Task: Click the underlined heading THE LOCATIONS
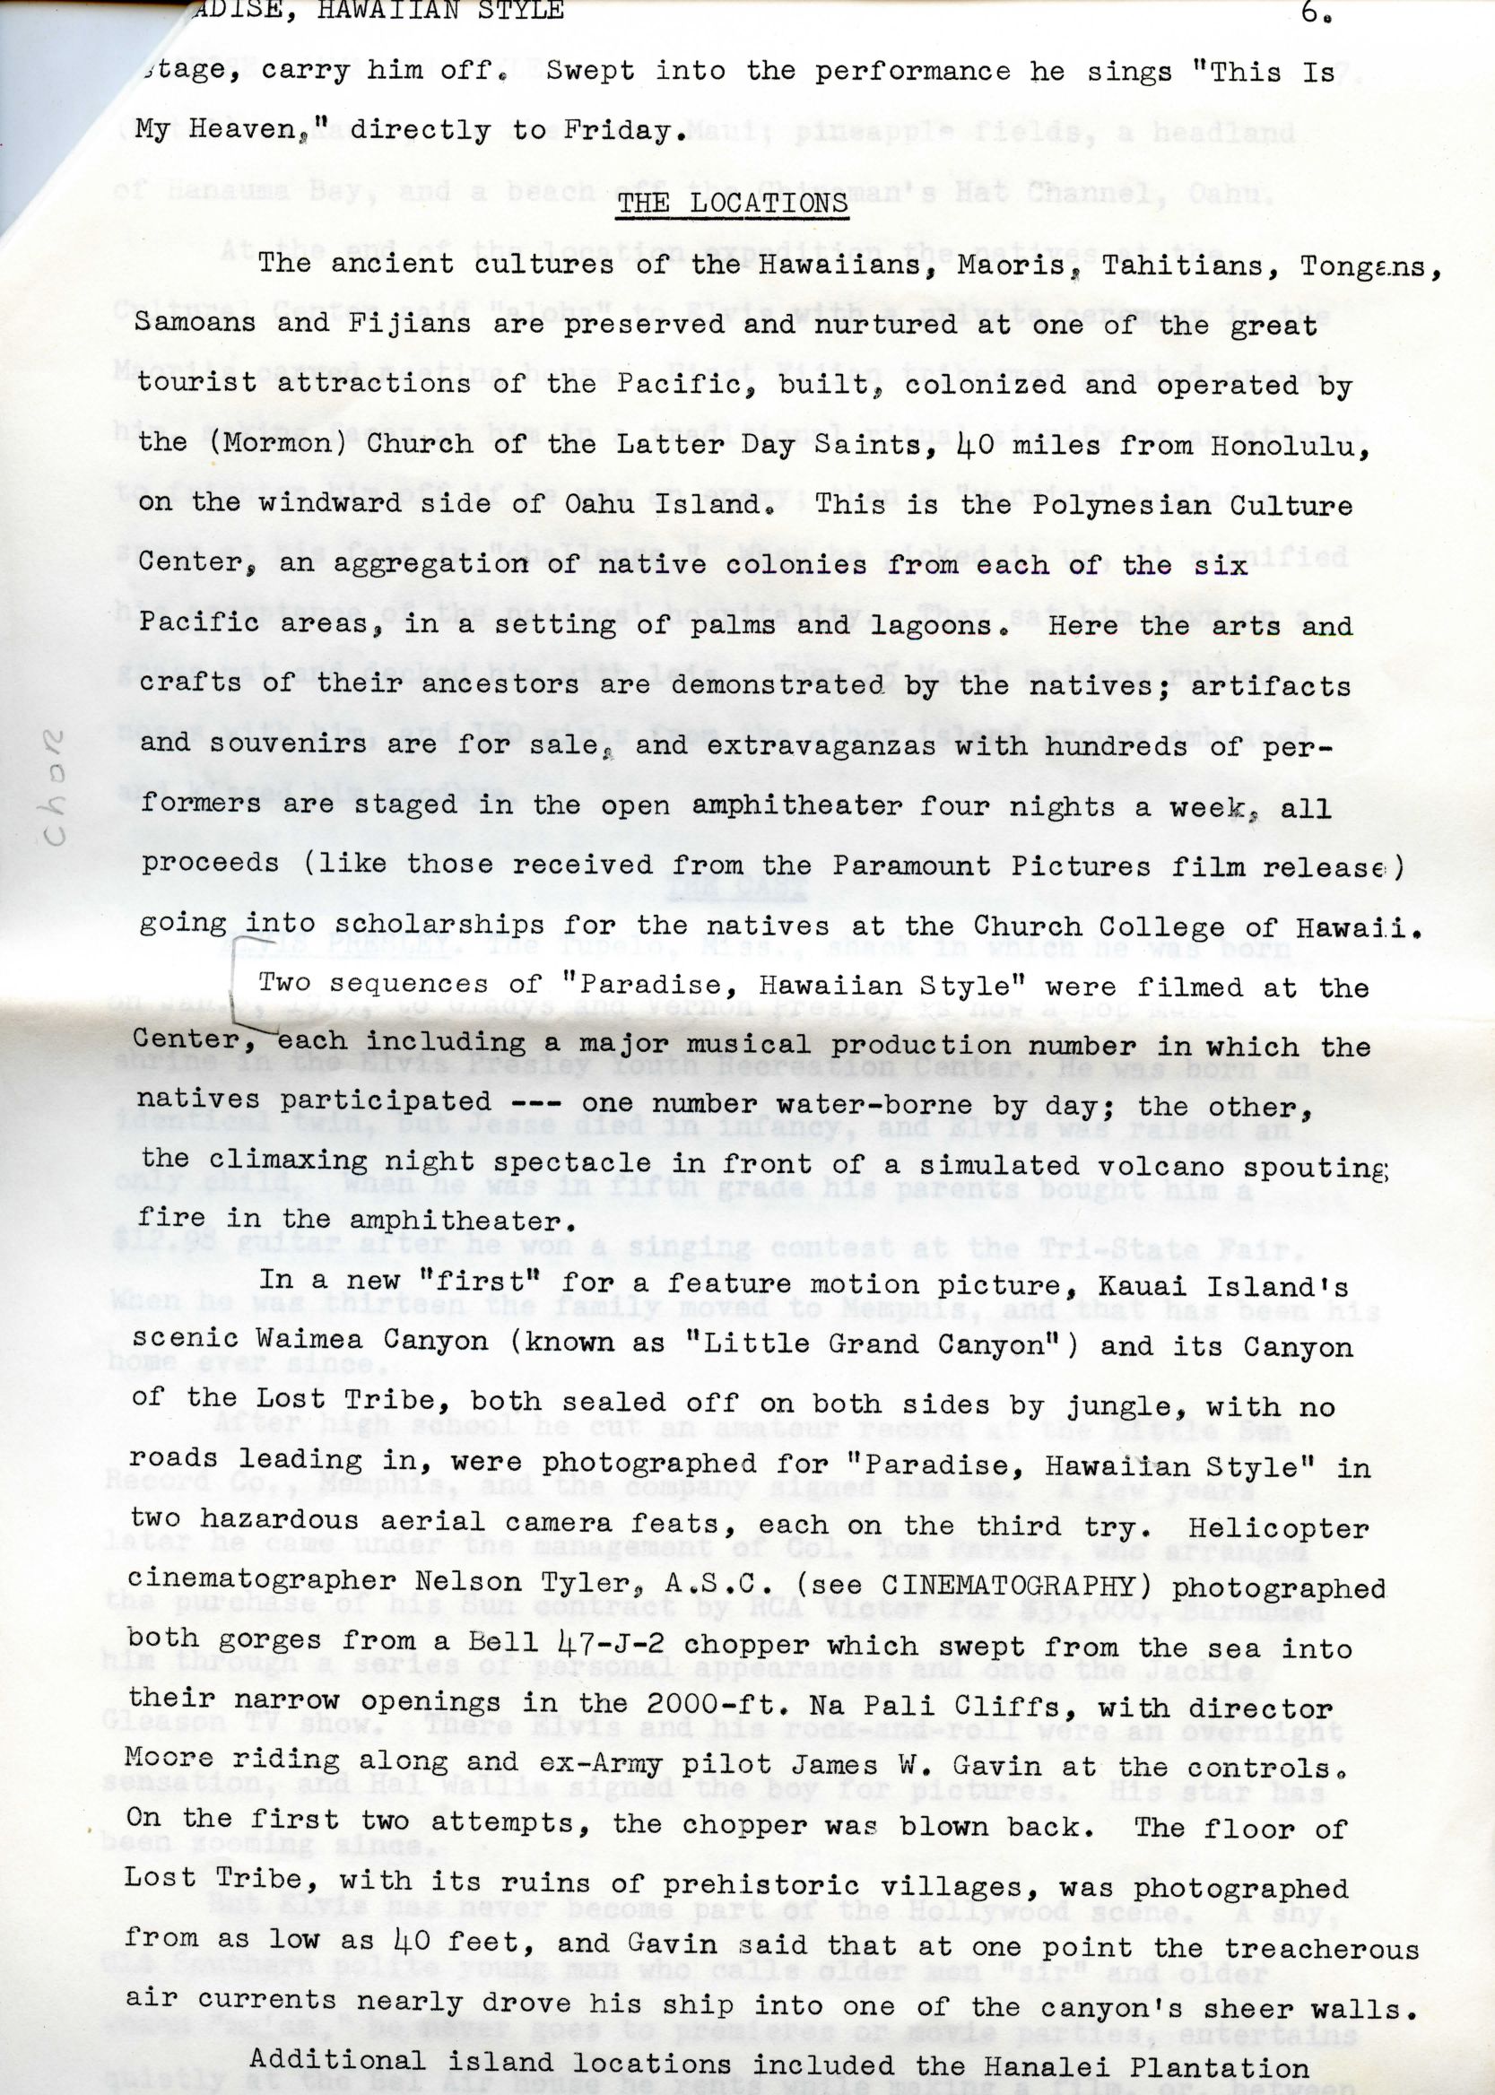732,203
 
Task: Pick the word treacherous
1321,1944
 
